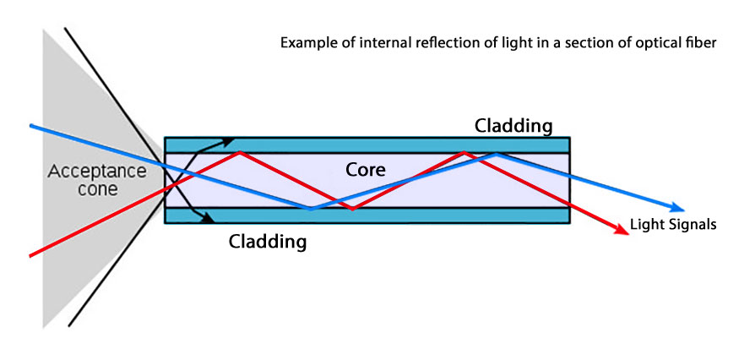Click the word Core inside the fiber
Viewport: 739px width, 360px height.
coord(367,169)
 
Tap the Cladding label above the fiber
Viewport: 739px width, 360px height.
coord(513,126)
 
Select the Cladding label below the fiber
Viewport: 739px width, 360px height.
coord(268,242)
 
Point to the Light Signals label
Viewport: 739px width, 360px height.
coord(674,225)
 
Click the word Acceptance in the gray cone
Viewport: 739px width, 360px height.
coord(96,172)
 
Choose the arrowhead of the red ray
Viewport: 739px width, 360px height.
coord(624,232)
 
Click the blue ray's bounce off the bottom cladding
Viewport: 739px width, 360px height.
coord(311,208)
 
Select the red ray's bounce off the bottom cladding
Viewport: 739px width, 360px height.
coord(352,208)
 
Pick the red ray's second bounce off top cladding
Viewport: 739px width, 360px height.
coord(463,152)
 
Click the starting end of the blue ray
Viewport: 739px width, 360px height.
coord(31,126)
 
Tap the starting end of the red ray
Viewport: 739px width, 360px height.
coord(31,254)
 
